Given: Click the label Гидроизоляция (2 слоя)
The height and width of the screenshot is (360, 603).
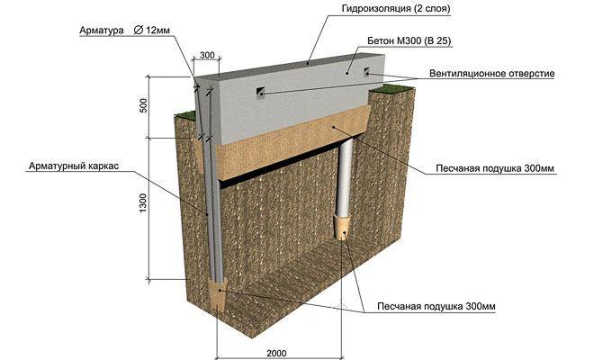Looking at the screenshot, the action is tap(396, 8).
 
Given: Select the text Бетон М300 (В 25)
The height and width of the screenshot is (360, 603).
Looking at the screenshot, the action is tap(409, 40).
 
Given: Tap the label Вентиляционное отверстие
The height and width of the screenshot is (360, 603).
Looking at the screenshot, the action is tap(492, 73).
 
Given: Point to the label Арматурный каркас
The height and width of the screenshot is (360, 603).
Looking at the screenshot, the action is tap(74, 166).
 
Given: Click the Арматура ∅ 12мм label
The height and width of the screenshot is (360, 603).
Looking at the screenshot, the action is tap(124, 31).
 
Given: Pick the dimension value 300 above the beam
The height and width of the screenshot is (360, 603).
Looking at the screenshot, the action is tap(207, 55).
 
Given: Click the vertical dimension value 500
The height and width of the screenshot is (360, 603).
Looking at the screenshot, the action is tap(143, 105).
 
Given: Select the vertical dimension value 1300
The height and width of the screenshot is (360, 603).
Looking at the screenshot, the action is tap(143, 202).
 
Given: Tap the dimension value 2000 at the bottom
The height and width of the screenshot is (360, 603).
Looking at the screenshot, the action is tap(276, 353).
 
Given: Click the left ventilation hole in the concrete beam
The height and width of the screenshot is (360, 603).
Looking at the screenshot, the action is tap(261, 92).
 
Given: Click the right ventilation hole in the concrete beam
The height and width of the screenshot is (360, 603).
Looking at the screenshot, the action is tap(366, 71).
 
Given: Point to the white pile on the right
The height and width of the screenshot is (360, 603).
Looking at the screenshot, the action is tap(345, 178).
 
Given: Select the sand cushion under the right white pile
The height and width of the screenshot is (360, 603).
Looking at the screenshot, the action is tap(342, 228).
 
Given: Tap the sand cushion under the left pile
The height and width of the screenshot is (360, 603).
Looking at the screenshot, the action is tap(219, 295).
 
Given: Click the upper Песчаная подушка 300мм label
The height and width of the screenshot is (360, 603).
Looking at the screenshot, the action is tap(495, 168).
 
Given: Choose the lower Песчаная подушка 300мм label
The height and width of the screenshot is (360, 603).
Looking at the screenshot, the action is tap(436, 306).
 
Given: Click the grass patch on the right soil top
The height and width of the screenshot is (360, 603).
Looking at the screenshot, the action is tap(391, 88).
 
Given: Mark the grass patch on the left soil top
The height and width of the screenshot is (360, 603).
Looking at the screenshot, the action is tap(186, 114).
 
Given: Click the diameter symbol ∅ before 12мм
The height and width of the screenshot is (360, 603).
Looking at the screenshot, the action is tap(138, 30).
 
